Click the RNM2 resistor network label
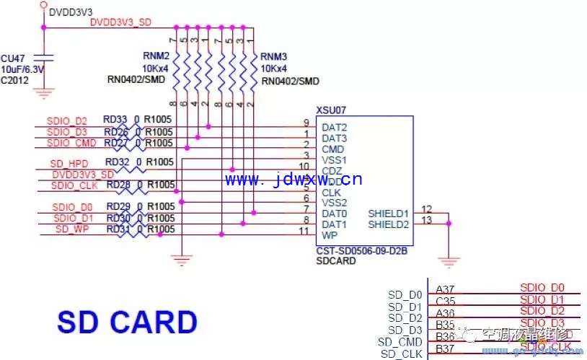click(156, 56)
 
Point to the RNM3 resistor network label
click(274, 56)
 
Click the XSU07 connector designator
click(332, 110)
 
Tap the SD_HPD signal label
click(70, 163)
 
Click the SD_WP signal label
click(72, 229)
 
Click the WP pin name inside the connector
click(329, 235)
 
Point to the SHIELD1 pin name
click(388, 214)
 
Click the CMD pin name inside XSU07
click(332, 149)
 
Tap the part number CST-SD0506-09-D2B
click(362, 252)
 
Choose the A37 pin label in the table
click(445, 289)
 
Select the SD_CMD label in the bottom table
click(400, 341)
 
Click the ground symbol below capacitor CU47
click(45, 92)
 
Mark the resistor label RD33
click(115, 120)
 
